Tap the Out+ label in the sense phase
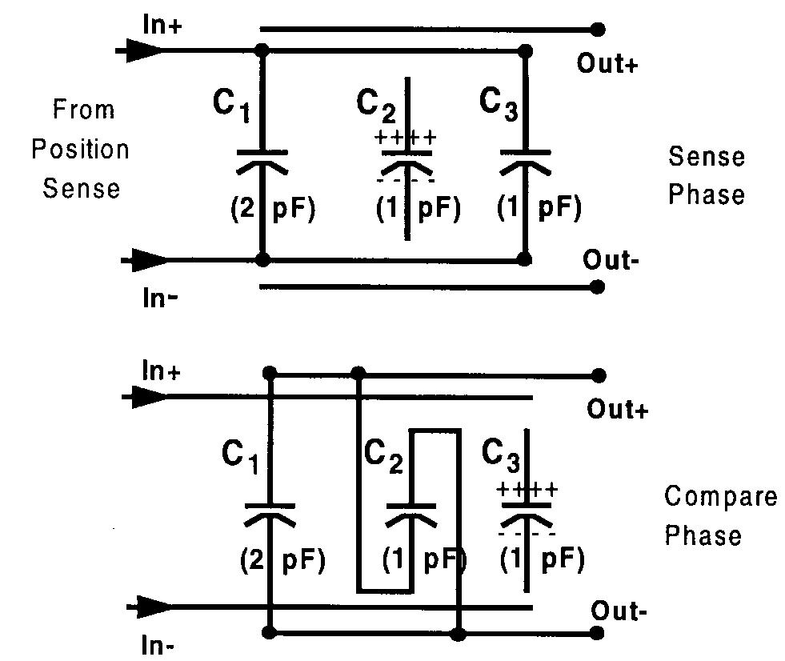click(x=607, y=64)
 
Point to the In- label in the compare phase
click(x=158, y=645)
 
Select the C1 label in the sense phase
click(x=232, y=106)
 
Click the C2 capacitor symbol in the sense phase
click(x=407, y=159)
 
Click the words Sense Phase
click(x=706, y=175)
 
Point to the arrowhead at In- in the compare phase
click(x=150, y=607)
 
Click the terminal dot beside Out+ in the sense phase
click(x=597, y=30)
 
